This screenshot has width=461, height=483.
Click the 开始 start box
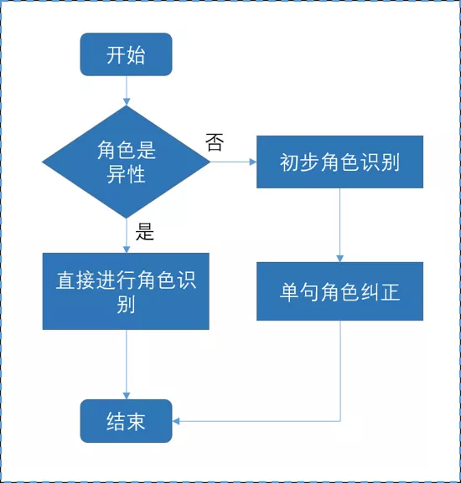click(126, 54)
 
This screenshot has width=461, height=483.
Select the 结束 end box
click(126, 421)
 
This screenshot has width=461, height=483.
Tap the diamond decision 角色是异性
click(126, 162)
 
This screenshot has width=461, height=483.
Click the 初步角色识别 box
click(339, 162)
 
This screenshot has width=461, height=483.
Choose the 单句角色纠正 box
click(339, 291)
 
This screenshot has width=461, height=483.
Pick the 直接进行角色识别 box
click(126, 291)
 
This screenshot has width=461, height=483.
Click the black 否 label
click(215, 142)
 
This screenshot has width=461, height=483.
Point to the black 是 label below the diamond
click(145, 232)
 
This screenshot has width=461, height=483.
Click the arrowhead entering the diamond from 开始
click(127, 101)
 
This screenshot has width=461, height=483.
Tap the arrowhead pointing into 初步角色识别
click(253, 162)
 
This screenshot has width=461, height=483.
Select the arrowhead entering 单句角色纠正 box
click(339, 259)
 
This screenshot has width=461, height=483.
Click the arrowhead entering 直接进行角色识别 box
click(127, 249)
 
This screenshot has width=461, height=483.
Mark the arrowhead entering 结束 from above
click(127, 396)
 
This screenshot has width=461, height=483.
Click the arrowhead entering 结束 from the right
click(176, 421)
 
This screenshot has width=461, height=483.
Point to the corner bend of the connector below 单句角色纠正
click(340, 421)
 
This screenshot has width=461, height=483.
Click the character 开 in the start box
click(116, 55)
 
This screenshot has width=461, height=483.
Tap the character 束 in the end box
click(136, 421)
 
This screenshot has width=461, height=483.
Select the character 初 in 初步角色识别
click(289, 162)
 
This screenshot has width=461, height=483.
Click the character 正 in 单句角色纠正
click(390, 291)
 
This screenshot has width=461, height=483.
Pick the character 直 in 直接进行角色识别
click(65, 280)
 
